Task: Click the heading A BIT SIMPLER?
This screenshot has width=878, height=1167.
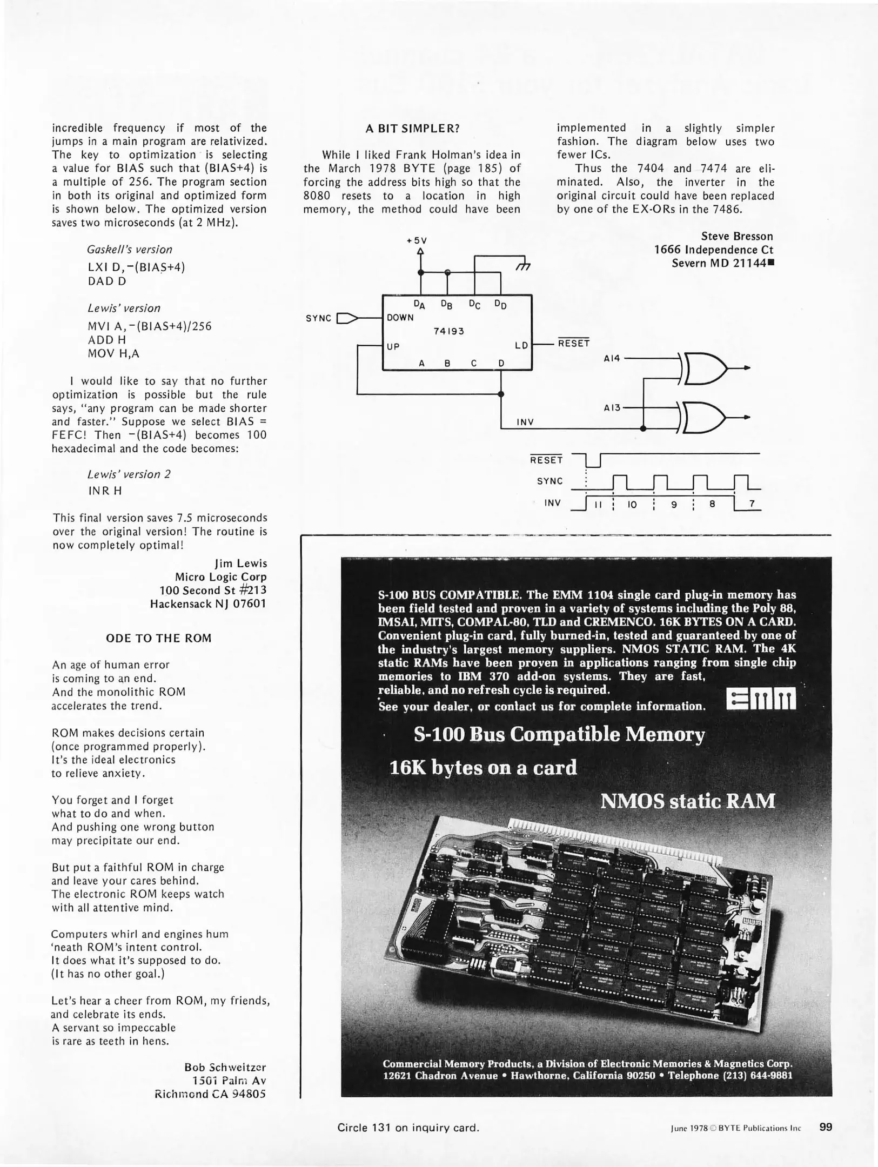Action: [x=412, y=129]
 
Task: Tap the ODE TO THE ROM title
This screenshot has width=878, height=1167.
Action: [x=159, y=638]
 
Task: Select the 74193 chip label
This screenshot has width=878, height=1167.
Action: [x=449, y=331]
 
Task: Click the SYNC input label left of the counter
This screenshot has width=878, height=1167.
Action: [x=318, y=318]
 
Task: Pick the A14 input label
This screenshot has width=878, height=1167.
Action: [x=613, y=358]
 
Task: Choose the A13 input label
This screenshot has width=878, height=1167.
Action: [x=612, y=408]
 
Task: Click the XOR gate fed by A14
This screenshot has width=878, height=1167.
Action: [x=706, y=368]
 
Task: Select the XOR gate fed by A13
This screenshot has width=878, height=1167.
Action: [x=706, y=418]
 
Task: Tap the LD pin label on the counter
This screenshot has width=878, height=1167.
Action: [x=521, y=345]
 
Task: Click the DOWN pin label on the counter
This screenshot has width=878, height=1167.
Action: [x=400, y=318]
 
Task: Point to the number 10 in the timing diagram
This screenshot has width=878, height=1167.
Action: [x=632, y=505]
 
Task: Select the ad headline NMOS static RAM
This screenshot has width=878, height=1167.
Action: [x=687, y=801]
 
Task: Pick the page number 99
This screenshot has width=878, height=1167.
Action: [x=826, y=1127]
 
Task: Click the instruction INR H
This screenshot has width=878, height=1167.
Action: [x=105, y=491]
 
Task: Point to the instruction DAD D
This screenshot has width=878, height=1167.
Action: [x=107, y=281]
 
